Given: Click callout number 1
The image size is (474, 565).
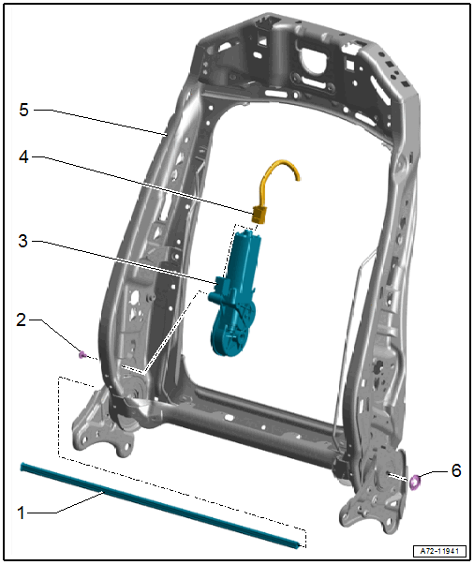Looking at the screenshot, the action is click(x=22, y=513).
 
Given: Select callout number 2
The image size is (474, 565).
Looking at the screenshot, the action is click(x=22, y=320).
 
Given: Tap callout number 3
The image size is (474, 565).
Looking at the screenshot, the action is click(x=23, y=241).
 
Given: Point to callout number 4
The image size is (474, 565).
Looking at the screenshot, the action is click(x=23, y=157).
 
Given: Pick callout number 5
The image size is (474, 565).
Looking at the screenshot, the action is click(x=23, y=110).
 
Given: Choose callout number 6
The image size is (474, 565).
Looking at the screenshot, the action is click(x=456, y=470).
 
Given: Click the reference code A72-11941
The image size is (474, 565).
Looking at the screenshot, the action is click(x=439, y=551).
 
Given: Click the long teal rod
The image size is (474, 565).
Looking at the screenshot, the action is click(x=160, y=505).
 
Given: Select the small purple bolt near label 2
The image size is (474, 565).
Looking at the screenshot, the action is click(x=82, y=355).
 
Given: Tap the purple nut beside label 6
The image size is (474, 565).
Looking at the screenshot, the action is click(x=415, y=483).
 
